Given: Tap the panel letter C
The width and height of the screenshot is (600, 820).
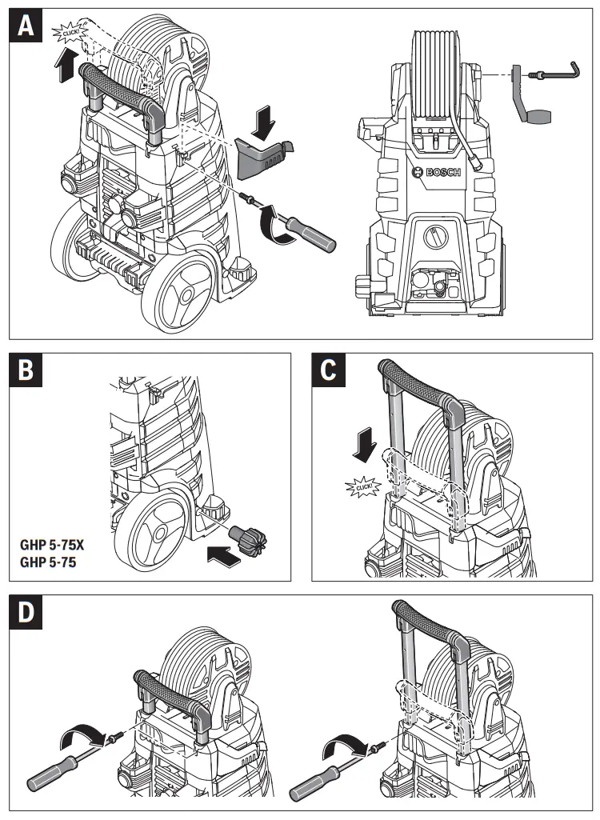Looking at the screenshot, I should click(x=330, y=372).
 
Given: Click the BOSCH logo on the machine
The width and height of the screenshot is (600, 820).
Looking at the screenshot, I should click(x=438, y=174).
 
